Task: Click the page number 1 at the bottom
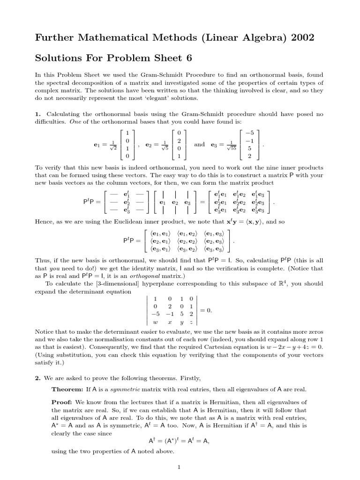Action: [180, 467]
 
